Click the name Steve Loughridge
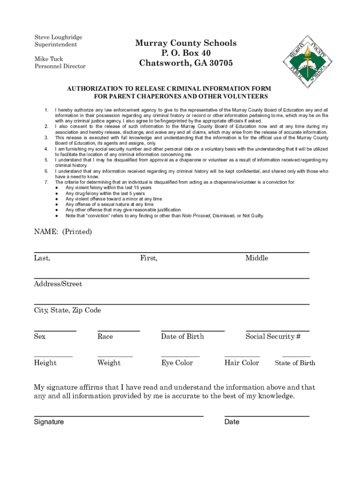[58, 37]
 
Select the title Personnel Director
[60, 66]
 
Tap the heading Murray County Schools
[186, 43]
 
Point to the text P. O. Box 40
[186, 53]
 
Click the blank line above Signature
[118, 415]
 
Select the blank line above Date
[266, 415]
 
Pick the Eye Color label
[177, 363]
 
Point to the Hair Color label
[242, 363]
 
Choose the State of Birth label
[295, 363]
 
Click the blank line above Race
[119, 331]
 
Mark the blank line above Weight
[115, 357]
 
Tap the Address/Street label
[58, 284]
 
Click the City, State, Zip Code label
[67, 311]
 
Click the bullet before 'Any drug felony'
[56, 193]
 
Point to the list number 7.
[46, 182]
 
